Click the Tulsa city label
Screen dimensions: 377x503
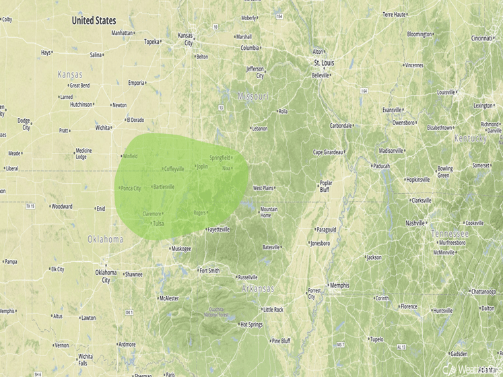pos(158,224)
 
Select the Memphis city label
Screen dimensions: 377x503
pos(339,285)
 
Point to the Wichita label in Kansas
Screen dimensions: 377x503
pos(102,127)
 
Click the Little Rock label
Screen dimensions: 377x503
pos(273,310)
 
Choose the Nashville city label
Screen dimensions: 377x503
pos(415,223)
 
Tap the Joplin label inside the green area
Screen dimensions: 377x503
pos(202,166)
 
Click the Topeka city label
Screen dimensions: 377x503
pos(152,42)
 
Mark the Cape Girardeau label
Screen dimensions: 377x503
pos(328,151)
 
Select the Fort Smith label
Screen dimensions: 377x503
pos(209,271)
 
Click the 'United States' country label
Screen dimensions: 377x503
pos(94,21)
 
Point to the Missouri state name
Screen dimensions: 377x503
pos(253,97)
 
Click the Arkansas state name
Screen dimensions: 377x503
pos(258,289)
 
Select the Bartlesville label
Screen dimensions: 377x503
pos(164,186)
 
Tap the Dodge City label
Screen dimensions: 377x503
pos(26,124)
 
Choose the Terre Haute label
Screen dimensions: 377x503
pos(397,14)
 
